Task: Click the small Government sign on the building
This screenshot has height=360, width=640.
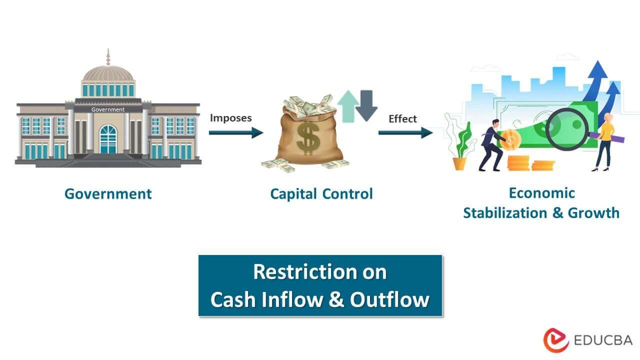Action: tap(108, 109)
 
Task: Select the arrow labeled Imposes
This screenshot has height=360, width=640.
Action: tap(235, 132)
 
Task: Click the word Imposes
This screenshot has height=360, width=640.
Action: tap(230, 118)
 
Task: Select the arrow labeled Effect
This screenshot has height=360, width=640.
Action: tap(405, 132)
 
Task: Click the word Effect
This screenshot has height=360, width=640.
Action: tap(402, 119)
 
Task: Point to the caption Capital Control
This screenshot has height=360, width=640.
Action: tap(321, 194)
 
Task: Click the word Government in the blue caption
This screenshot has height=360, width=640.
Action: tap(108, 194)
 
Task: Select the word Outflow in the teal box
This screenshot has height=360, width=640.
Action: tap(389, 299)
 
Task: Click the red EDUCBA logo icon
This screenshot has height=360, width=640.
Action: tap(556, 340)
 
